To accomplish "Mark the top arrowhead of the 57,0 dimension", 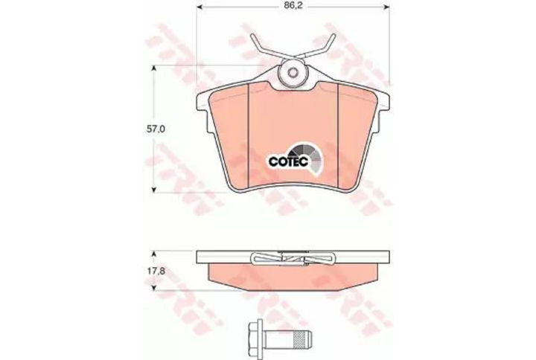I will (155, 69).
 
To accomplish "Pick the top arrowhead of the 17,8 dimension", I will (155, 254).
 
